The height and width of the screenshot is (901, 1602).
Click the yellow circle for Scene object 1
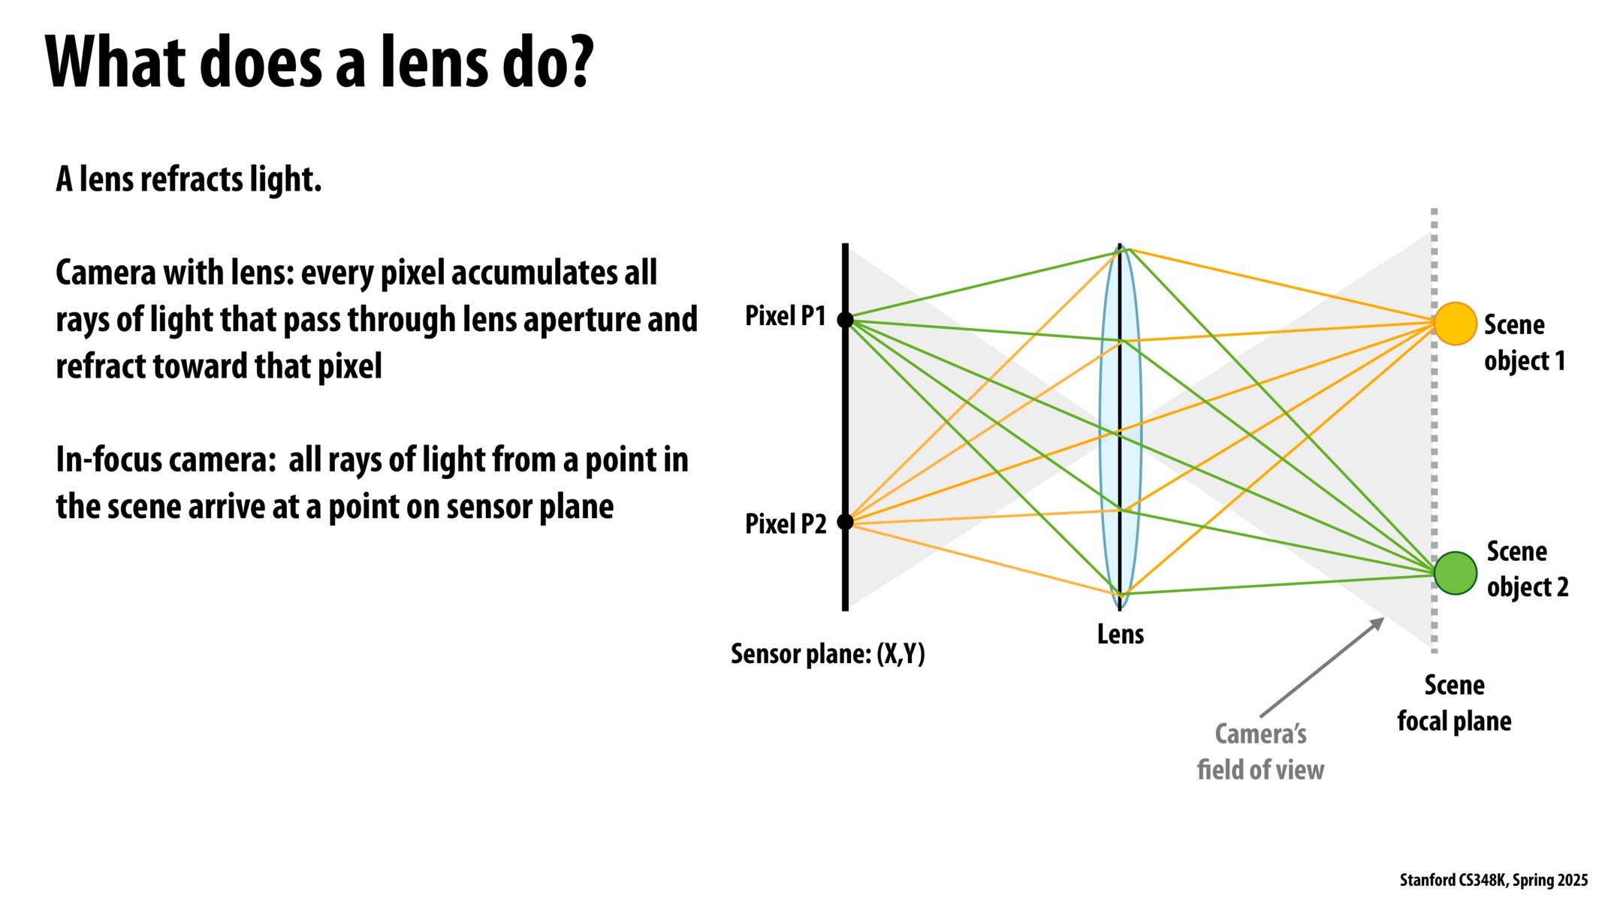pyautogui.click(x=1455, y=324)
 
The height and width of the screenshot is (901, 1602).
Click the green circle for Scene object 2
pyautogui.click(x=1455, y=573)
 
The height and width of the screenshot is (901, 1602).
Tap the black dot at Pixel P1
pyautogui.click(x=845, y=320)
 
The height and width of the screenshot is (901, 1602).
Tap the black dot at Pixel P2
pyautogui.click(x=845, y=521)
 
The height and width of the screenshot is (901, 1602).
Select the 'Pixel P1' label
pyautogui.click(x=785, y=316)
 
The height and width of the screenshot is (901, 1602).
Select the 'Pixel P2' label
pyautogui.click(x=785, y=523)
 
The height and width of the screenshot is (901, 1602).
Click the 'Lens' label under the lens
pyautogui.click(x=1120, y=634)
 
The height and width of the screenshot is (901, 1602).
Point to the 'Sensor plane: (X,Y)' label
pyautogui.click(x=828, y=654)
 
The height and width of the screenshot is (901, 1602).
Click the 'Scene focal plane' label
pyautogui.click(x=1454, y=703)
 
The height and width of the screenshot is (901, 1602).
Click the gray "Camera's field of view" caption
pyautogui.click(x=1260, y=752)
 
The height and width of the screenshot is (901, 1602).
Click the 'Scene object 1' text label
pyautogui.click(x=1524, y=342)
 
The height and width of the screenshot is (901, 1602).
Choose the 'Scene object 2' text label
pyautogui.click(x=1527, y=569)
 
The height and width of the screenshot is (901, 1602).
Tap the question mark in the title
pyautogui.click(x=578, y=62)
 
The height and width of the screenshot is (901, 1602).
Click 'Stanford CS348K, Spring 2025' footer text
pyautogui.click(x=1493, y=880)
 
